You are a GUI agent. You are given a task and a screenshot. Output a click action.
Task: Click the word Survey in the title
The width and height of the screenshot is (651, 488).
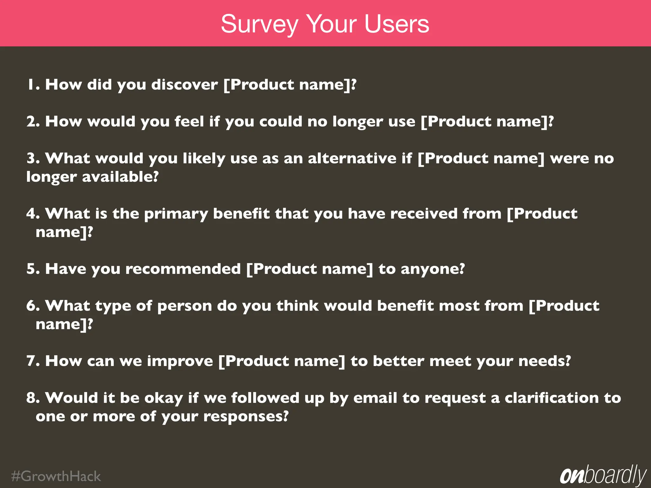(x=259, y=25)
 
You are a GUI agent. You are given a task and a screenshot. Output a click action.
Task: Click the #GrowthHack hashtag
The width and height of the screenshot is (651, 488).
(x=56, y=477)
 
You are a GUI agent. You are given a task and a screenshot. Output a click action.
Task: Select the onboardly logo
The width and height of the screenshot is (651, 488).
(x=603, y=476)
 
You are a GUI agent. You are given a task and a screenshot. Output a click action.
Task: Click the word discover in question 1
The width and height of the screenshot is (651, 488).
(x=184, y=85)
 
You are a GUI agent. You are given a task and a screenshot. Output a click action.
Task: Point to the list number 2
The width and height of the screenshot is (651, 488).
(x=32, y=122)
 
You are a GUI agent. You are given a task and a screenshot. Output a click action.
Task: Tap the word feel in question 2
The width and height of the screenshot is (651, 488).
(x=189, y=121)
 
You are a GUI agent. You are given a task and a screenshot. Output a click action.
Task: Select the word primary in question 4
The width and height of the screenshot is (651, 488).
(x=176, y=214)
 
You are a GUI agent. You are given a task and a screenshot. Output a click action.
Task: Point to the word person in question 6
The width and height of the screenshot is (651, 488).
(x=184, y=306)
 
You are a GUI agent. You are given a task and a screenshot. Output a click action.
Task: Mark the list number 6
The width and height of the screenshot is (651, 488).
(x=32, y=306)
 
